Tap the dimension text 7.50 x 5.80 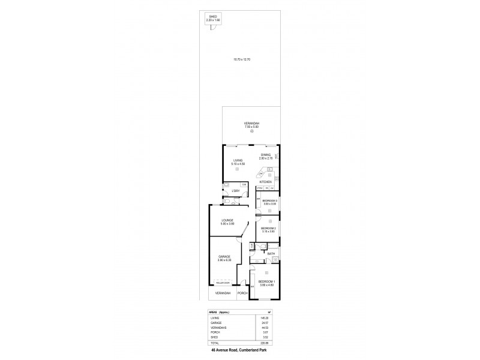point(251,127)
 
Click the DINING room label point(265,154)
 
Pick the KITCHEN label point(266,181)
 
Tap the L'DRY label point(236,191)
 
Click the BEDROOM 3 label point(269,200)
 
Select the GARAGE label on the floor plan point(224,257)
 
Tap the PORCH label point(242,293)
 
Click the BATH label point(271,254)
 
